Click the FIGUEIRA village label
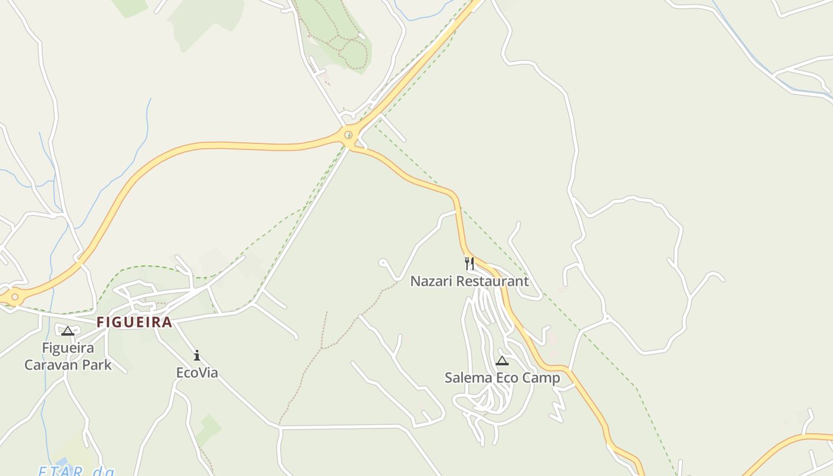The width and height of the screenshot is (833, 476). point(134,322)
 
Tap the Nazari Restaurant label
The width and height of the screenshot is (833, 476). point(469,281)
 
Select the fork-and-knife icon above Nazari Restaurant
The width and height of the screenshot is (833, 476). point(469,263)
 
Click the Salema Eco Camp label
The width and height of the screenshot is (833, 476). point(502,377)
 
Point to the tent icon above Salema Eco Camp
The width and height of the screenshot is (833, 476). point(502,361)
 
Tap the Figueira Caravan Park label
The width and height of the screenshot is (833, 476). point(68,356)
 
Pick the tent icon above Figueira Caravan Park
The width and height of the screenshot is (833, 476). point(68,331)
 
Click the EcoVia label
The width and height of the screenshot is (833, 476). point(197,372)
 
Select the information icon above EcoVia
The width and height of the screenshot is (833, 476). point(197,356)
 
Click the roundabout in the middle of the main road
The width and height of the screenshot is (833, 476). point(349,135)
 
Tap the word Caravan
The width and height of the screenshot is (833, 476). point(50,364)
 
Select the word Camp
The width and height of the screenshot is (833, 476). point(541,377)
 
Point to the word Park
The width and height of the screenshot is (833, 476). point(96,364)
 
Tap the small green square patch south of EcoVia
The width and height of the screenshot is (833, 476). point(209,426)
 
